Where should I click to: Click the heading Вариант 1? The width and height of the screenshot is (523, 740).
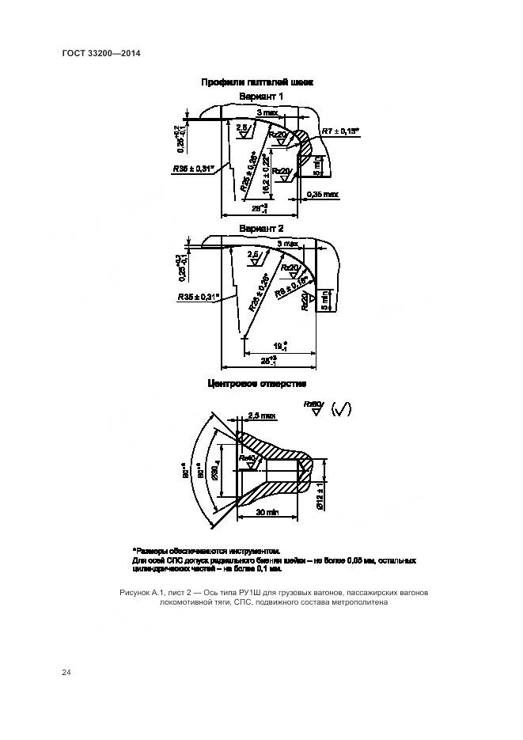(x=261, y=97)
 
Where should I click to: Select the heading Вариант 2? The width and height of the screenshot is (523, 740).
(x=261, y=228)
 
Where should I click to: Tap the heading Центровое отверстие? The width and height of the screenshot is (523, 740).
(x=256, y=384)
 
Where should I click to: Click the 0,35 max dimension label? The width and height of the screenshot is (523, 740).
(x=322, y=195)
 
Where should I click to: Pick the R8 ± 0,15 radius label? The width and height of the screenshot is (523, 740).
(x=291, y=285)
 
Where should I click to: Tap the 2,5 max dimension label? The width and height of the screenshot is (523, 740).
(x=262, y=415)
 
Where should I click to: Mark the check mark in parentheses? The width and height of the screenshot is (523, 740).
(x=342, y=409)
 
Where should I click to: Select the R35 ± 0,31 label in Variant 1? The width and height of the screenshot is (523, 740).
(x=194, y=169)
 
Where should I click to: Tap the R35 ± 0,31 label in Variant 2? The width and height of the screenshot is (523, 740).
(x=199, y=298)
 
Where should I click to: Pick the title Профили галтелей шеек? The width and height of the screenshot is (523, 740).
(x=257, y=82)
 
